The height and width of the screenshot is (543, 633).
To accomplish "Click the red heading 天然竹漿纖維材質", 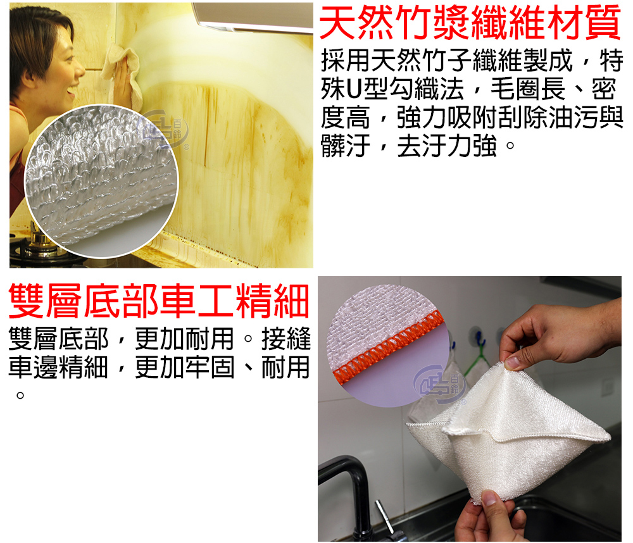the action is [470, 22].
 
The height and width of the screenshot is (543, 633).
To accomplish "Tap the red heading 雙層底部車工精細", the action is [159, 301].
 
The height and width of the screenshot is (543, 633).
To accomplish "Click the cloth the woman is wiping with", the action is [123, 73].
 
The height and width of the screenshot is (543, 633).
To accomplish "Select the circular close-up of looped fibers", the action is [101, 181].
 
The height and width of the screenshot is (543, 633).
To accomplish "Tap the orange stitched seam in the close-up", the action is [389, 342].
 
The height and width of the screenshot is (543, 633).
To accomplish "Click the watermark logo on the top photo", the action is [163, 129].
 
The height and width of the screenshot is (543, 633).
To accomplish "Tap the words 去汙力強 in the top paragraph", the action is [447, 146].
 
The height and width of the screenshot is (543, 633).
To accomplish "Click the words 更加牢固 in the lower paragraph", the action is [184, 367].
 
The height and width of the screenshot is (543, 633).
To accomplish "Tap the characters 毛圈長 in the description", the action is [528, 89].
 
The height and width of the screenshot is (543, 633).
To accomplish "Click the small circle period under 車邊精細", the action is [20, 396].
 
